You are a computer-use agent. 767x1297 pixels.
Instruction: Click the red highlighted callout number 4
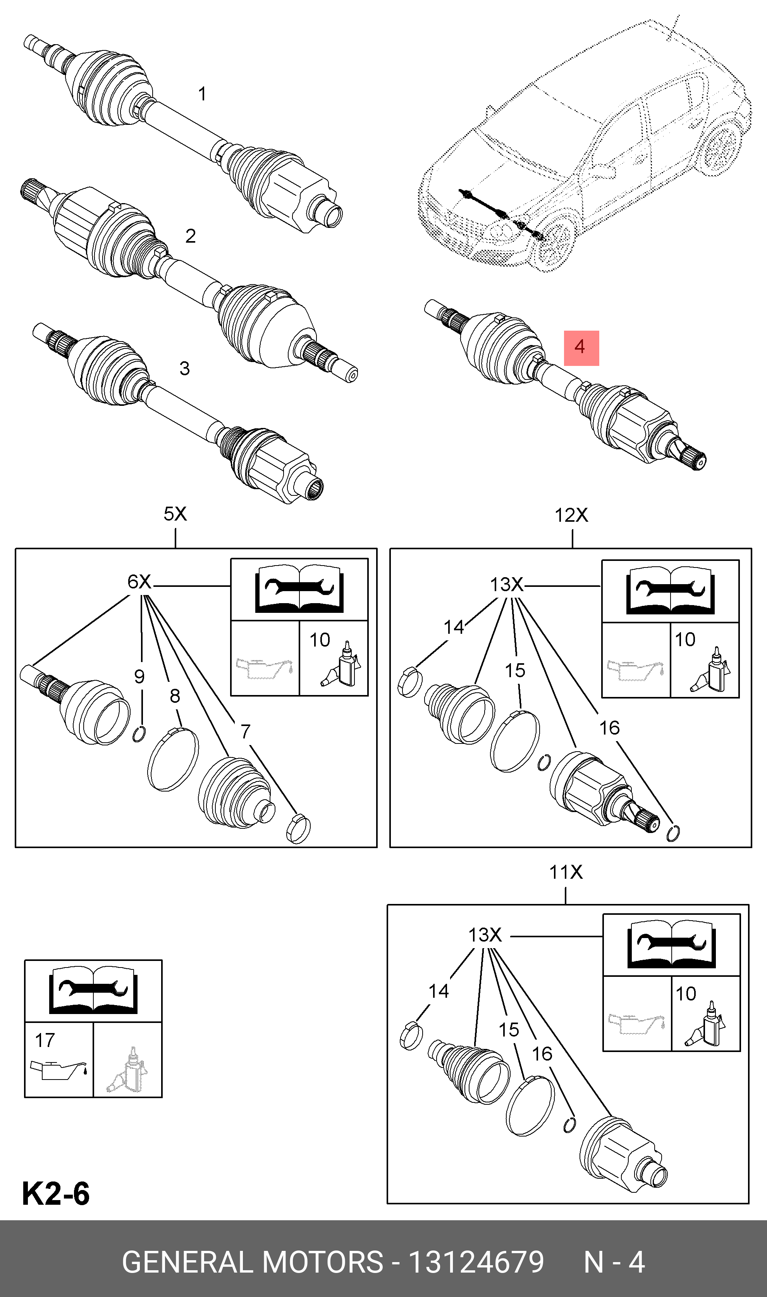coord(581,348)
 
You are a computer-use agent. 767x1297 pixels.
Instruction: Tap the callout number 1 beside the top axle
coord(202,94)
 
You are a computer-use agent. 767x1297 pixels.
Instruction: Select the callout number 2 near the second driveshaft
coord(191,236)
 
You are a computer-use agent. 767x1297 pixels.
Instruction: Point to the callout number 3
coord(184,369)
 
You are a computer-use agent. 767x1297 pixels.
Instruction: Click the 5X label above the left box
coord(175,514)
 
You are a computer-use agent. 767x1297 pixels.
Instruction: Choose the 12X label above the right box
coord(571,515)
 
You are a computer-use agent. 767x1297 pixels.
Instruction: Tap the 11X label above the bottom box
coord(566,873)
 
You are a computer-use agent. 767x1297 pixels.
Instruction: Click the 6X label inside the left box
coord(139,582)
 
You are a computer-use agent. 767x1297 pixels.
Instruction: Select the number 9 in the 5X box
coord(139,676)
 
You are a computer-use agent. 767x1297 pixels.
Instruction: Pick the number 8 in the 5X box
coord(175,696)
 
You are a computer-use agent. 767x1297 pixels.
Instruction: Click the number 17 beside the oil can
coord(45,1040)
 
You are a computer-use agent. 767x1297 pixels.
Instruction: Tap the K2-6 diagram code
coord(56,1193)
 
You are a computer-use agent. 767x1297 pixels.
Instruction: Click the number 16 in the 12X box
coord(609,728)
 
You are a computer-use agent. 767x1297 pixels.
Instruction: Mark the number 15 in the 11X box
coord(509,1030)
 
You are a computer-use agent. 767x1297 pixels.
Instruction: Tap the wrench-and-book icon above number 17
coord(93,990)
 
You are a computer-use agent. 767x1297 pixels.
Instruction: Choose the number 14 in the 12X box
coord(454,627)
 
